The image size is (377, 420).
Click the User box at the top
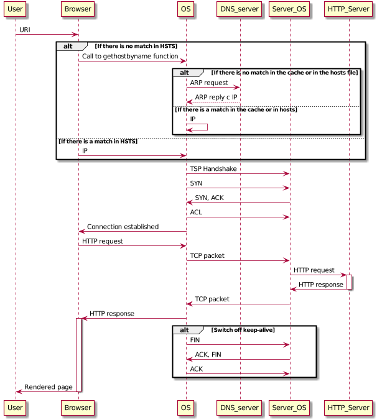(x=16, y=9)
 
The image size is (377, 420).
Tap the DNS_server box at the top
(x=240, y=9)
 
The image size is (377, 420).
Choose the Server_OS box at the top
(x=289, y=9)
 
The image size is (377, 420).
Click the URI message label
(x=25, y=30)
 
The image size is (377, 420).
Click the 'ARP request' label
(x=208, y=83)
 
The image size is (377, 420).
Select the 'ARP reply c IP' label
(x=216, y=97)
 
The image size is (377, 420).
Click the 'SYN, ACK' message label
(x=210, y=198)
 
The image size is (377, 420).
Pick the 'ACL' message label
(x=196, y=212)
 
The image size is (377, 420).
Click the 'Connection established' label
(x=123, y=227)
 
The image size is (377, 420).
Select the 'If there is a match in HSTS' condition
(x=98, y=142)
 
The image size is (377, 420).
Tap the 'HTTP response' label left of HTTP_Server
(x=321, y=285)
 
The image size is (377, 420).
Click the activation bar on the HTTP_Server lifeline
(x=349, y=281)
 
